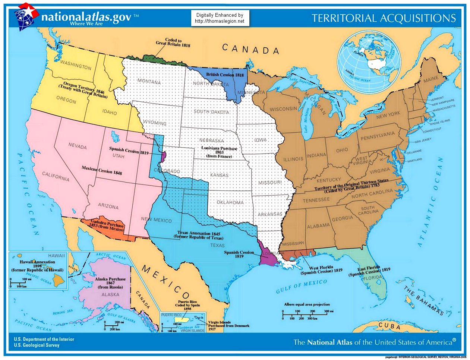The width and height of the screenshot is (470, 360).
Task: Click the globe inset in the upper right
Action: coord(369,61)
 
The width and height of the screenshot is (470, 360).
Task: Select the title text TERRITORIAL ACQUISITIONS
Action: coord(384,18)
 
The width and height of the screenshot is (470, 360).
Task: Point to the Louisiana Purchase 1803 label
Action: coord(219,152)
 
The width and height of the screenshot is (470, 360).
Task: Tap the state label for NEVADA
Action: coord(77,146)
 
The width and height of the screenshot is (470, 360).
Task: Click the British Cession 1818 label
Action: coord(225,75)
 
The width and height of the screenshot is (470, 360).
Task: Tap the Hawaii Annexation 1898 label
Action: coord(37,266)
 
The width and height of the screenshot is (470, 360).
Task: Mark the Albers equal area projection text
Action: coord(306,304)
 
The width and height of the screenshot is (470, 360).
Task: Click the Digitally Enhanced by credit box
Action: coord(220,18)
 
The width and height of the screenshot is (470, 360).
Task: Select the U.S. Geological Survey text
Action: coord(37,345)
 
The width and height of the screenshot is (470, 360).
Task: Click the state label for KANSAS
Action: coord(219,175)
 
